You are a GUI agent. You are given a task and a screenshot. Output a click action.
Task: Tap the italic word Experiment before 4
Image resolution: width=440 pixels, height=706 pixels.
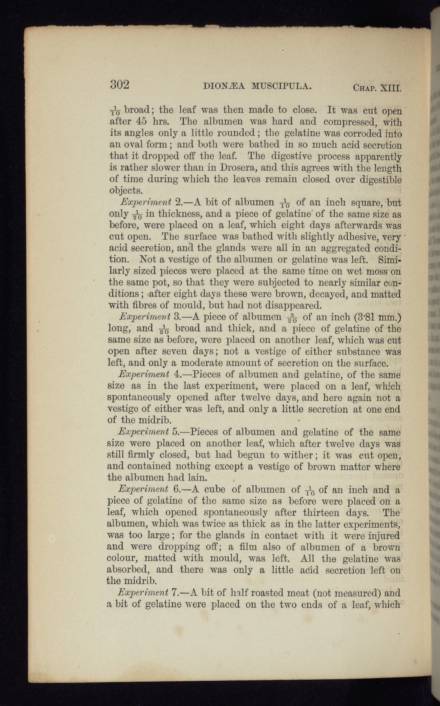(144, 374)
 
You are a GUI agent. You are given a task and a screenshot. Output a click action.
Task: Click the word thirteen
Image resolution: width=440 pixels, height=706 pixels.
(321, 512)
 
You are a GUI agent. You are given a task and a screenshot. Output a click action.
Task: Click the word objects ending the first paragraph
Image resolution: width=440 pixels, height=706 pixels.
(125, 191)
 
